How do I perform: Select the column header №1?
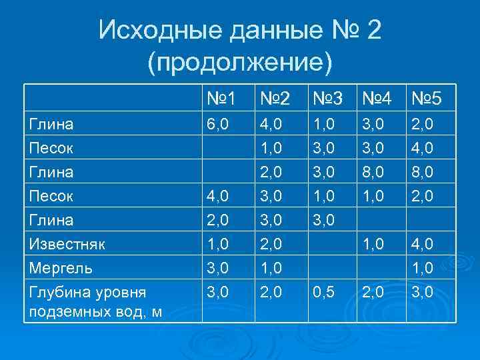[221, 99]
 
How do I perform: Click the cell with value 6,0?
[218, 124]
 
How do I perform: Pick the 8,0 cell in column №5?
[421, 172]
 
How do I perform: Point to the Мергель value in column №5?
[421, 268]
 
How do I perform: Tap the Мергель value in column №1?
[218, 268]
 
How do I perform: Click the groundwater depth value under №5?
[421, 292]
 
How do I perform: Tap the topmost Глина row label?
[51, 124]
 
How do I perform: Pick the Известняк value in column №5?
[421, 244]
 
